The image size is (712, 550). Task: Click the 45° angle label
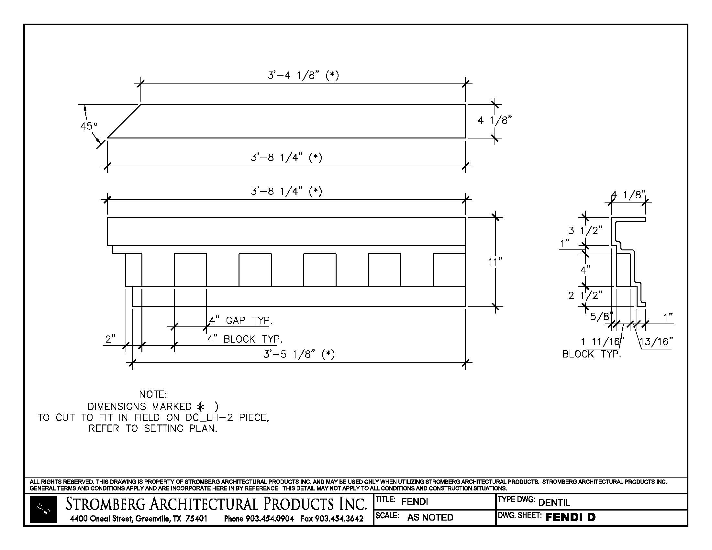pos(89,126)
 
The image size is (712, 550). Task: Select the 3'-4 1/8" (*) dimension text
pos(303,75)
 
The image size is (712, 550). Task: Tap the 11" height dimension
pos(495,262)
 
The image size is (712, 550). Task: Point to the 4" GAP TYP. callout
pos(240,321)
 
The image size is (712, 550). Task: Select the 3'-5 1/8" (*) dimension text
pos(299,354)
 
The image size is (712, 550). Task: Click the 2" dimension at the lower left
pos(110,339)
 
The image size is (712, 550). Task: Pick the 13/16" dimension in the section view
pos(656,341)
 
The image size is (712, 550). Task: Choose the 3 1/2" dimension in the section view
pos(585,231)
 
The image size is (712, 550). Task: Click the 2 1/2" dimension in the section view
pos(585,295)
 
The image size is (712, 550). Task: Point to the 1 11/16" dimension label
pos(602,341)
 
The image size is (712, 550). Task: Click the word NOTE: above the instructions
pos(153,395)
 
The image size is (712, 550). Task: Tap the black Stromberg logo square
pos(43,510)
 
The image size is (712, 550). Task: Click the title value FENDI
pos(414,501)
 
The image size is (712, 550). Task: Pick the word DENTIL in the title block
pos(554,502)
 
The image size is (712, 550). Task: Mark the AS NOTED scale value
pos(430,517)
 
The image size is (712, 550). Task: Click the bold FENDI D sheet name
pos(570,517)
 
